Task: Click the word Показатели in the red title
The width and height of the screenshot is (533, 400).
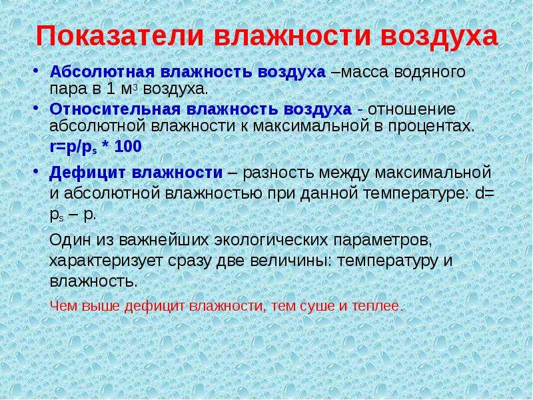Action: pyautogui.click(x=119, y=36)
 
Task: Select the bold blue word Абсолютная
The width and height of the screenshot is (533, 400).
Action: pyautogui.click(x=103, y=72)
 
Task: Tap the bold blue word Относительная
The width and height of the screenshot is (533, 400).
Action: pyautogui.click(x=115, y=109)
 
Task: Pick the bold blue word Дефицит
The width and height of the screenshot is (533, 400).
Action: pyautogui.click(x=86, y=173)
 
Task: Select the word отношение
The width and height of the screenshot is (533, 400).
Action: pyautogui.click(x=411, y=109)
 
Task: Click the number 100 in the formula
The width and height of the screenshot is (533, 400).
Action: pyautogui.click(x=128, y=147)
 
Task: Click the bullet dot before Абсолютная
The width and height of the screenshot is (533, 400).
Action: pyautogui.click(x=36, y=71)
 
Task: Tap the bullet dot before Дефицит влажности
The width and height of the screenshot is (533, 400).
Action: pyautogui.click(x=36, y=172)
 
